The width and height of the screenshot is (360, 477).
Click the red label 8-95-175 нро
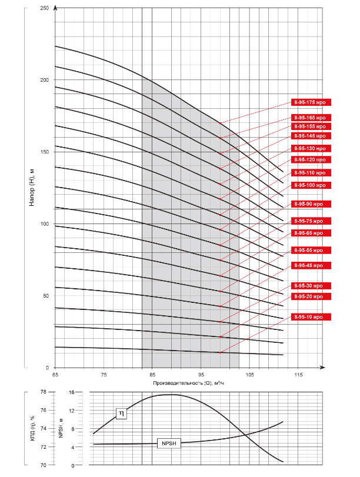[x=312, y=102]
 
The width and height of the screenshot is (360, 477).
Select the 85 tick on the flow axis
[x=152, y=375]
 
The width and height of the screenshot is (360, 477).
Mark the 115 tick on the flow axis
[x=298, y=375]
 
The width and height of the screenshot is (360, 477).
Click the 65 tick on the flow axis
[x=55, y=375]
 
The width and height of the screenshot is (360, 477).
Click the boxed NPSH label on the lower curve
[x=169, y=444]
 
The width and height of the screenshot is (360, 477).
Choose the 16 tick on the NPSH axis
[x=71, y=392]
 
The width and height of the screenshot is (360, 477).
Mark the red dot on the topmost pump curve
[x=221, y=123]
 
